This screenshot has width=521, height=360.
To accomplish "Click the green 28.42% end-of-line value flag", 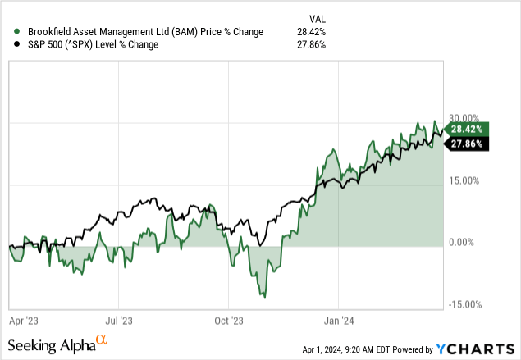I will [x=468, y=129].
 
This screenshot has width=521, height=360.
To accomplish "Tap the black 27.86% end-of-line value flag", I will [x=468, y=144].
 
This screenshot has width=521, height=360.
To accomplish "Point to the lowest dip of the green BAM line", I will [x=264, y=297].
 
